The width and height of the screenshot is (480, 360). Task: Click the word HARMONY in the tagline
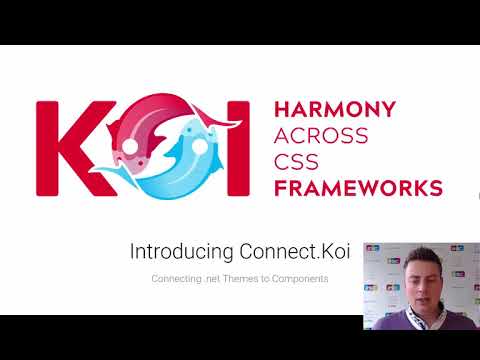[334, 110]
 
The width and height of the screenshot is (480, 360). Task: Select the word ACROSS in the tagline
[320, 136]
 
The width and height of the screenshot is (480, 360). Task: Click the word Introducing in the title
[182, 252]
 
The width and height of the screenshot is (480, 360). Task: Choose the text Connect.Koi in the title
[287, 252]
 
